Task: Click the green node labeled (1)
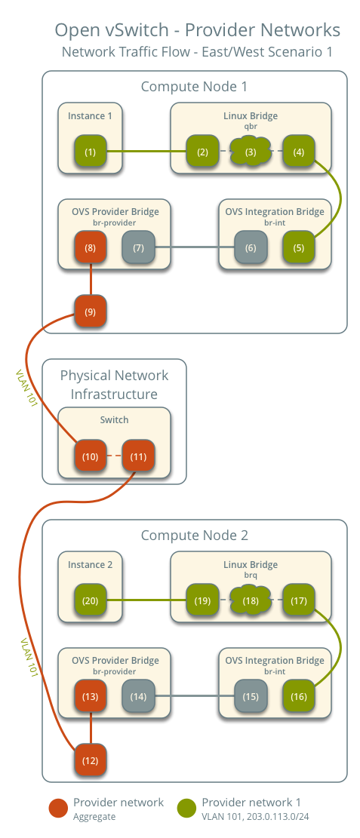[91, 152]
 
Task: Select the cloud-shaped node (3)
[251, 152]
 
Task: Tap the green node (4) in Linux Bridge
[299, 152]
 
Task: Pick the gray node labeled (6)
[251, 247]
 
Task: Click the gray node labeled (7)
[138, 247]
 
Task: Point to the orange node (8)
[91, 247]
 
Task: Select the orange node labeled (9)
[91, 312]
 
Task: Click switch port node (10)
[91, 457]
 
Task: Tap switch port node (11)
[138, 457]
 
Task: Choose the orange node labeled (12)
[91, 760]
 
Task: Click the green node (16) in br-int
[299, 696]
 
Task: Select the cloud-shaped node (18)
[251, 601]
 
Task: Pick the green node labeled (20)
[91, 601]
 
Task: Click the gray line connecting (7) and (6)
[194, 247]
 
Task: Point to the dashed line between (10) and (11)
[114, 457]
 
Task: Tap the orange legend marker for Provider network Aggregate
[58, 808]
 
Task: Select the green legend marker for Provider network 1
[187, 808]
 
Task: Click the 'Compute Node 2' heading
[194, 536]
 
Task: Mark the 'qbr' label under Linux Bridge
[251, 127]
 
